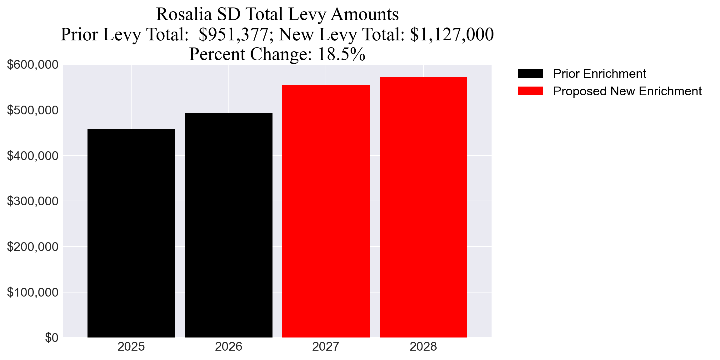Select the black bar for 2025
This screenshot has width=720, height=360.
pyautogui.click(x=131, y=233)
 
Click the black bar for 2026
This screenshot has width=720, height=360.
pyautogui.click(x=228, y=225)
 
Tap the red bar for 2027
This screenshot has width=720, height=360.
pyautogui.click(x=326, y=211)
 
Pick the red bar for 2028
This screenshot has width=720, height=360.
pyautogui.click(x=423, y=207)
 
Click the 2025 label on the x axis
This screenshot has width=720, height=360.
pyautogui.click(x=131, y=347)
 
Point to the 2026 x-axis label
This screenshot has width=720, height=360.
pyautogui.click(x=228, y=347)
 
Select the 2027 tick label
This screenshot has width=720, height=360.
pyautogui.click(x=326, y=347)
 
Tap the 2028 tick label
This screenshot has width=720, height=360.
pyautogui.click(x=423, y=347)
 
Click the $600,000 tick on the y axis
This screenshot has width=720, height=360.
pyautogui.click(x=32, y=65)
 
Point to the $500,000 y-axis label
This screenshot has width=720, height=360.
pyautogui.click(x=32, y=110)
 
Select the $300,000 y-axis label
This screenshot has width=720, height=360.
pyautogui.click(x=32, y=201)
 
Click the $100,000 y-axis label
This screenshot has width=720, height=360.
pyautogui.click(x=32, y=292)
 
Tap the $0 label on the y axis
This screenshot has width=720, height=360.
pyautogui.click(x=52, y=337)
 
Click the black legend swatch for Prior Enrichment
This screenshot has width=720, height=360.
pyautogui.click(x=530, y=74)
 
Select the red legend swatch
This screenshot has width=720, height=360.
pyautogui.click(x=530, y=91)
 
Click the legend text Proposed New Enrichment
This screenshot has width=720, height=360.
pyautogui.click(x=627, y=91)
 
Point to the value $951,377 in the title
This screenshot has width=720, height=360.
pyautogui.click(x=233, y=34)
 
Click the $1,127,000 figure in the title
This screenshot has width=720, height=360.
pyautogui.click(x=452, y=34)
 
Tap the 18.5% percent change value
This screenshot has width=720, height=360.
pyautogui.click(x=341, y=54)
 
